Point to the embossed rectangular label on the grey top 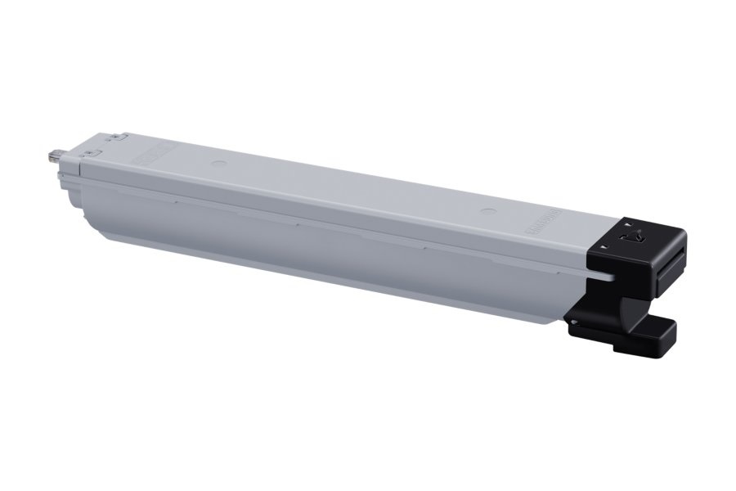click(152, 151)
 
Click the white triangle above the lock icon click(627, 223)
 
